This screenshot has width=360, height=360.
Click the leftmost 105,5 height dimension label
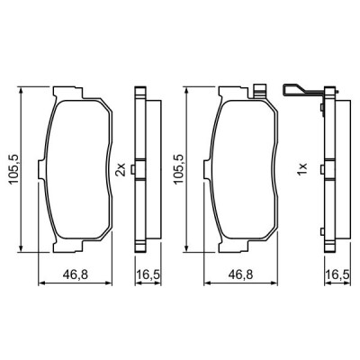(x=14, y=169)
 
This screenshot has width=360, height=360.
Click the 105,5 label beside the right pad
(x=179, y=169)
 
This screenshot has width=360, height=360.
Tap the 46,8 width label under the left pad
(x=76, y=274)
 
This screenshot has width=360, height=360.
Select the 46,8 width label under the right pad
(x=241, y=274)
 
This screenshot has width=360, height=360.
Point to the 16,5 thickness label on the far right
(x=337, y=274)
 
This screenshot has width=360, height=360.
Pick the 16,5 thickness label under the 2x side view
(x=148, y=274)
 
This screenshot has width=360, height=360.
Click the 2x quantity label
(x=121, y=169)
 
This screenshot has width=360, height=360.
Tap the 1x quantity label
(x=302, y=169)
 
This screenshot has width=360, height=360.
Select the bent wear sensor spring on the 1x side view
(x=303, y=89)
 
